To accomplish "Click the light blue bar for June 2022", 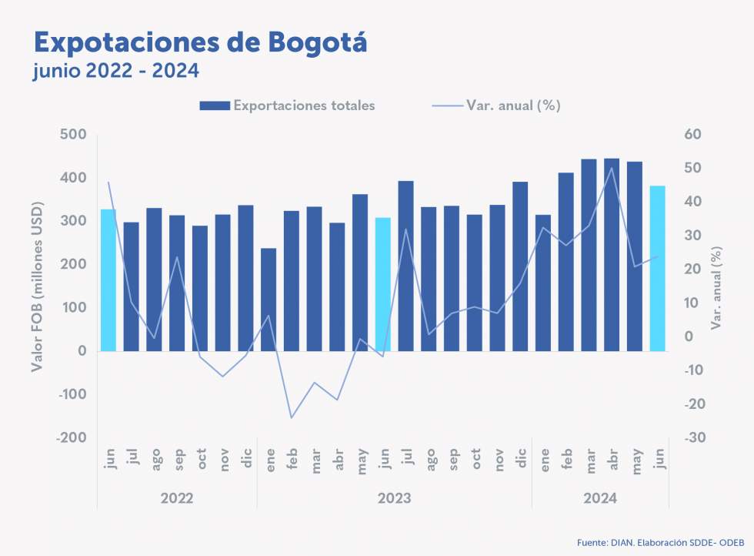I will pos(108,280).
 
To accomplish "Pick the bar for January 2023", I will pos(269,300).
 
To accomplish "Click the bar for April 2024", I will pos(612,255).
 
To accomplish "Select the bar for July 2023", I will pos(406,266).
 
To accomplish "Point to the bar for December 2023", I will pos(520,266).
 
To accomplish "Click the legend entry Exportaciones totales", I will pos(287,106).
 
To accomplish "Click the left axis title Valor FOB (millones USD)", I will pos(37,286).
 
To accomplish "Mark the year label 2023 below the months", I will pos(394,499).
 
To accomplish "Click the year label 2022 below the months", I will pos(177,499).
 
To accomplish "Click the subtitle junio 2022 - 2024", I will pos(116,72).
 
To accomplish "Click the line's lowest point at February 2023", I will pos(292,418).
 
